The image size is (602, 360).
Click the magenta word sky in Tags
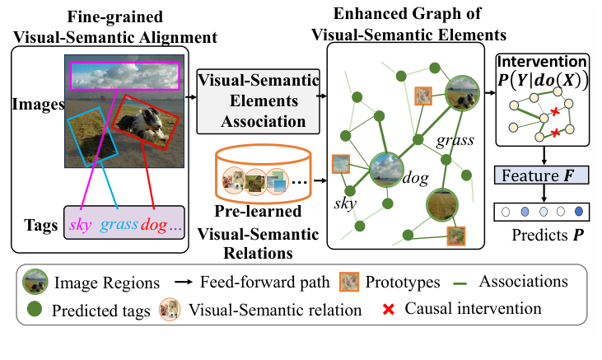[x=81, y=225]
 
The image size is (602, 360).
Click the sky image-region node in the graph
[x=385, y=170]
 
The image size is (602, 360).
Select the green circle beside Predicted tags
[x=35, y=311]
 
